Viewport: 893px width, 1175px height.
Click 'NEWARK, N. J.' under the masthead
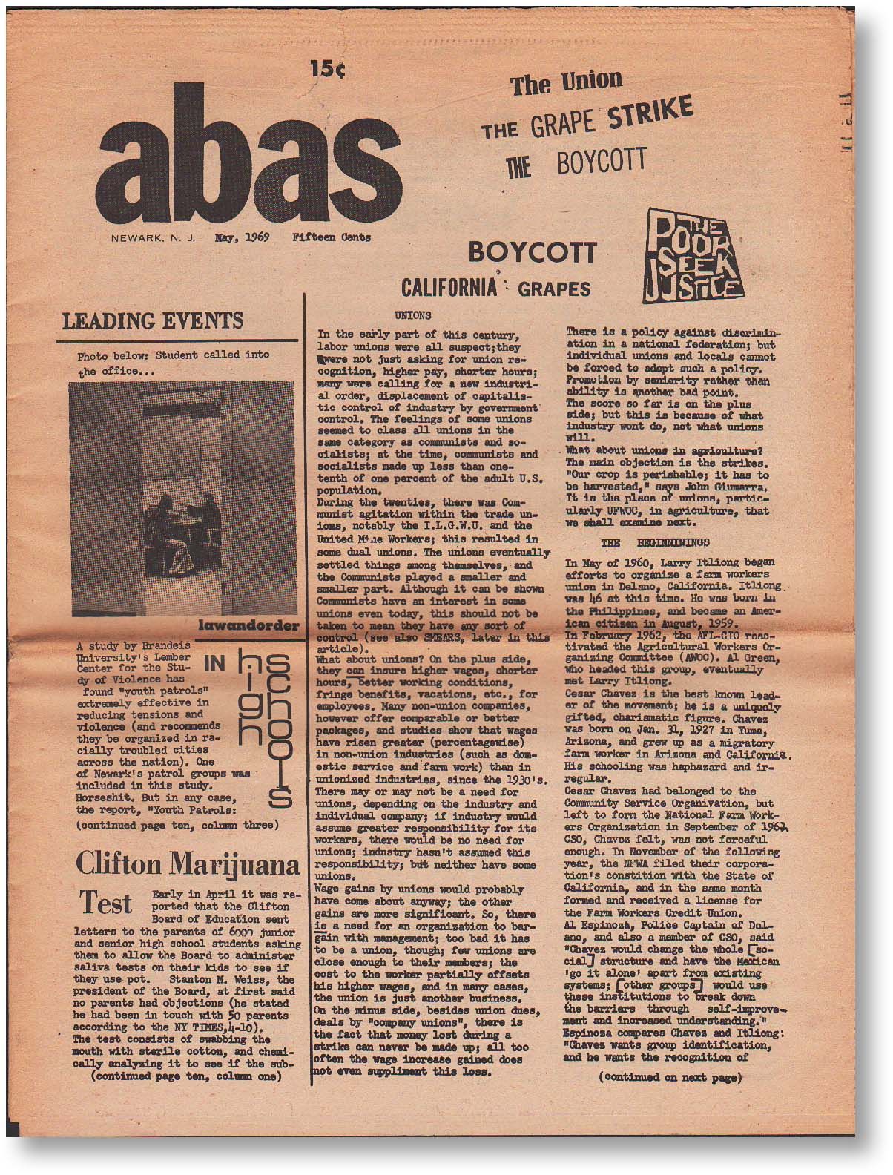click(x=152, y=239)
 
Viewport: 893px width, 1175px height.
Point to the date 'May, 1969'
click(x=242, y=238)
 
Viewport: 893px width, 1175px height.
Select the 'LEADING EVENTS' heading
click(x=153, y=321)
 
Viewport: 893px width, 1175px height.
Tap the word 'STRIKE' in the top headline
click(x=650, y=115)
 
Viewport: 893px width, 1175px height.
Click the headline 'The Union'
click(x=566, y=82)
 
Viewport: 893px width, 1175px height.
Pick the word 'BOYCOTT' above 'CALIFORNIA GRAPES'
click(x=532, y=253)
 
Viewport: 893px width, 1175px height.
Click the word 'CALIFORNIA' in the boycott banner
click(x=448, y=287)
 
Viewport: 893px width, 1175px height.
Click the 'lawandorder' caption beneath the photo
click(x=248, y=627)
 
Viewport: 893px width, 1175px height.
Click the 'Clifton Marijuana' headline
click(x=188, y=865)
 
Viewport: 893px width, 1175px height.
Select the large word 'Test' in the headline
click(x=106, y=904)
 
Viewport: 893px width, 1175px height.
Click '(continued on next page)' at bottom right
click(x=670, y=1078)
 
